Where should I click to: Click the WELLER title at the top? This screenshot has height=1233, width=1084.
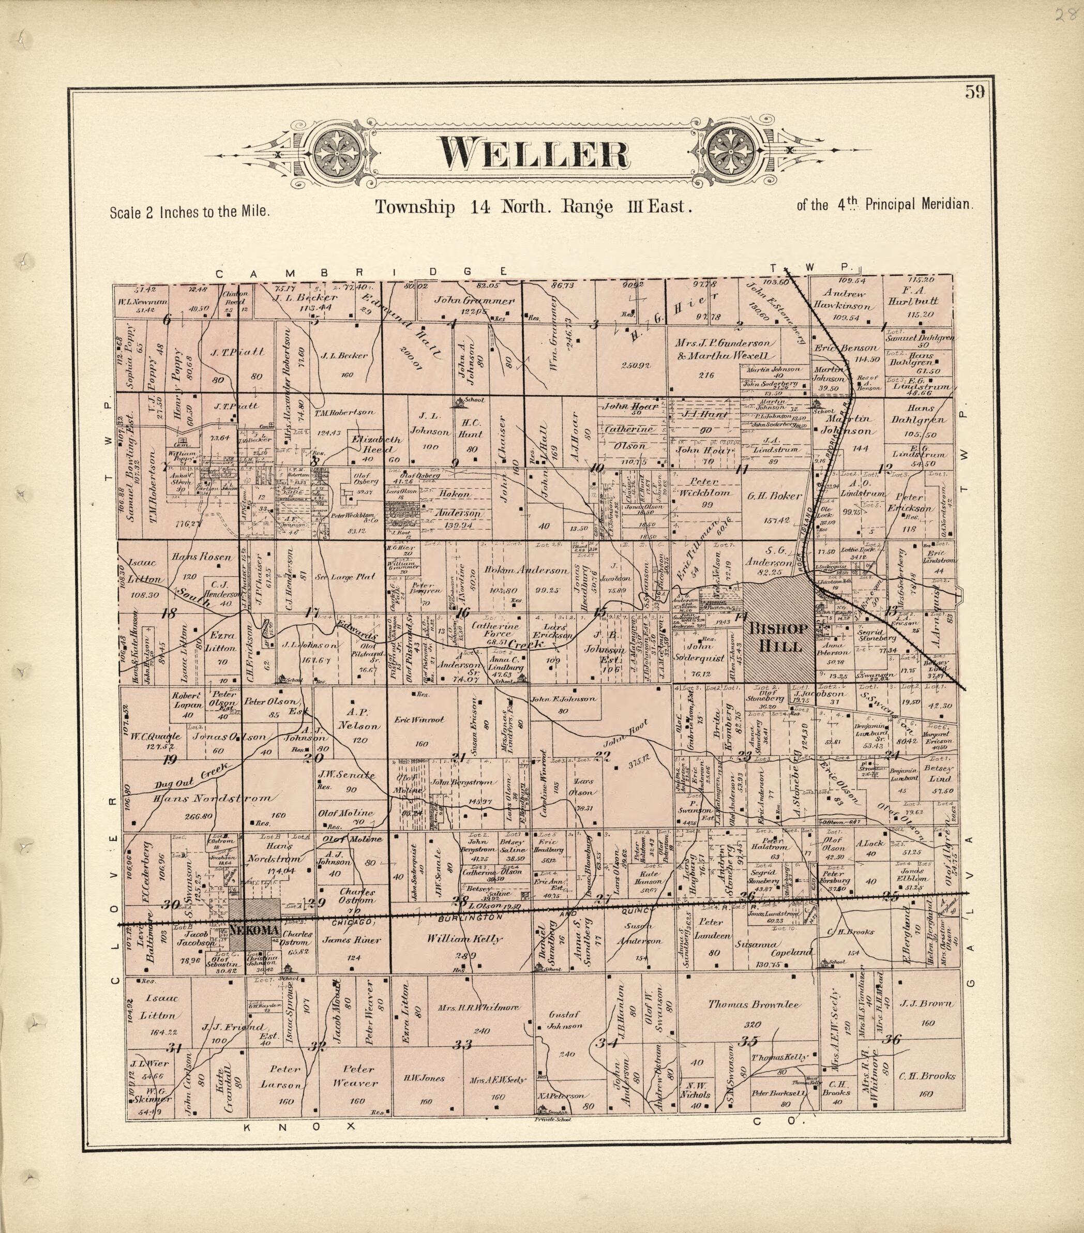click(x=533, y=153)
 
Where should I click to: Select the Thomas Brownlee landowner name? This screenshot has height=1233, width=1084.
click(x=754, y=1004)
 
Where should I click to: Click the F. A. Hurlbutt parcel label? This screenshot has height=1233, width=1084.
click(x=920, y=300)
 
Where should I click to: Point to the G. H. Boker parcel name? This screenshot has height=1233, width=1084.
click(x=775, y=496)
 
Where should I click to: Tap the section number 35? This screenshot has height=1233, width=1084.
click(x=748, y=1041)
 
